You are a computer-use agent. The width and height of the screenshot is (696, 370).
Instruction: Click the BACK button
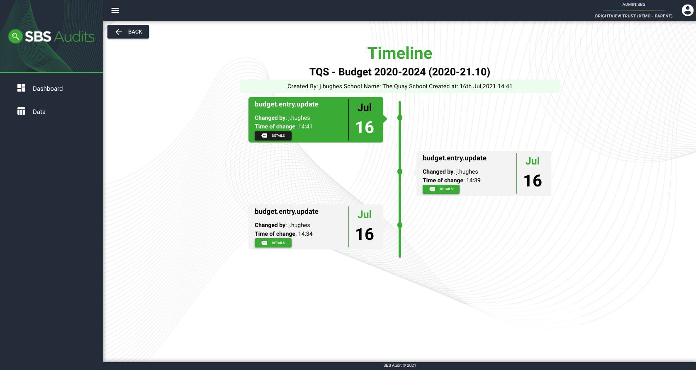point(128,31)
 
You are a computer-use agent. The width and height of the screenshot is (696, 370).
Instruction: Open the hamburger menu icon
point(115,10)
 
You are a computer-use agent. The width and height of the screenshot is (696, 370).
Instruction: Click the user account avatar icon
point(687,10)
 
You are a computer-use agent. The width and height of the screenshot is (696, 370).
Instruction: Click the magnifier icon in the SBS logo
point(15,36)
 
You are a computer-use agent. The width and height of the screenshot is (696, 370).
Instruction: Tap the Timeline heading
point(399,53)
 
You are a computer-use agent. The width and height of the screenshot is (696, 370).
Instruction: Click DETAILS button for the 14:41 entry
point(273,135)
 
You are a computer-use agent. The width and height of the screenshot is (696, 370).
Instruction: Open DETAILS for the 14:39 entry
point(441,189)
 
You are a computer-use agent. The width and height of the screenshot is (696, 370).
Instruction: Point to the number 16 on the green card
point(365,127)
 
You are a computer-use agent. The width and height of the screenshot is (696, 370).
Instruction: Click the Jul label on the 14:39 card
point(532,161)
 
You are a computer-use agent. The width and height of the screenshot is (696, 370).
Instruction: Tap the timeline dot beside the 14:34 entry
point(400,225)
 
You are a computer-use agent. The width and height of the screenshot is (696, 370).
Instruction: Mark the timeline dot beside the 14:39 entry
point(400,172)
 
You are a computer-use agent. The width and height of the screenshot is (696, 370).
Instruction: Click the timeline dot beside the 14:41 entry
point(400,118)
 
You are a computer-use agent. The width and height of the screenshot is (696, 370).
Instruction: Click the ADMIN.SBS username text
point(633,4)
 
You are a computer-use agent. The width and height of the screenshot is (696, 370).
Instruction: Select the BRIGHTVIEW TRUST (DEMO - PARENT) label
point(633,16)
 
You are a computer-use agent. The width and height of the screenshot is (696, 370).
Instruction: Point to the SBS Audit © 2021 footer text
point(399,365)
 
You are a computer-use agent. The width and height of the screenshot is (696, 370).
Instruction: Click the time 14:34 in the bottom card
point(305,234)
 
